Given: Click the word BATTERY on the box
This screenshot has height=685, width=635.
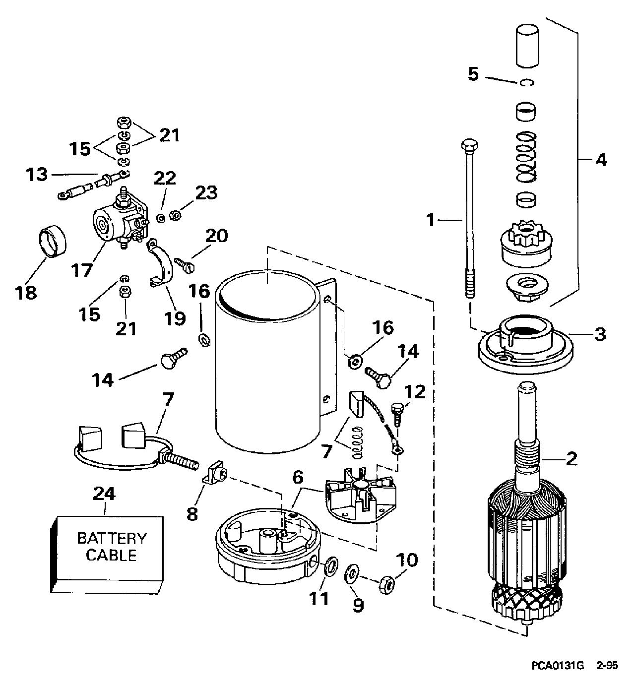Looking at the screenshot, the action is pos(112,538).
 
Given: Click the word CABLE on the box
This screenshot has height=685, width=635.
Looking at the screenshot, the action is pos(111,556).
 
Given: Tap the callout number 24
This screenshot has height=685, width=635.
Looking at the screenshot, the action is pos(104,494).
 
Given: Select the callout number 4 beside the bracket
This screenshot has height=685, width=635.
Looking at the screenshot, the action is pos(601,160).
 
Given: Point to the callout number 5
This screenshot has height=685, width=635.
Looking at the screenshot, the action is pos(473,74).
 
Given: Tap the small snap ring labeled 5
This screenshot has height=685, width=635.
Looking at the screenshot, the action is pos(527,82).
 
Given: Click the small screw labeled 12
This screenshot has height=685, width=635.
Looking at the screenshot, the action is pos(397,416).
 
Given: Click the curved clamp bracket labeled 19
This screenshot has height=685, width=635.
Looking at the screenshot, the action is pos(160,263).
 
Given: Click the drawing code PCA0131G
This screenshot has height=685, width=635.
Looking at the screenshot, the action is pos(558,665).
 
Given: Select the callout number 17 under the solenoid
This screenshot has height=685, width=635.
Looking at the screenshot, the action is pos(82,270).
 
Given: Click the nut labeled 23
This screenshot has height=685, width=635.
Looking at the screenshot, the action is pos(176,216).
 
